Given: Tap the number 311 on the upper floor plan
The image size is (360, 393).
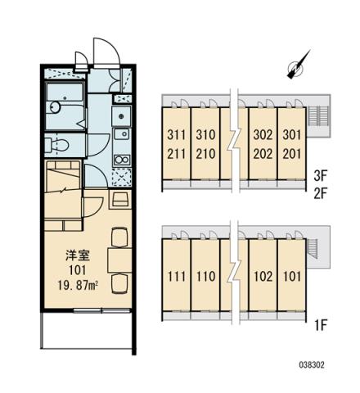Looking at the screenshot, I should point(177,135).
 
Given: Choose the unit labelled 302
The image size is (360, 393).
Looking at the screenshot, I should point(263,135).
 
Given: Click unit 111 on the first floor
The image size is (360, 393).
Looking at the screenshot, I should point(177,276).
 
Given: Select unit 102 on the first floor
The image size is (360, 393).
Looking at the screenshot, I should point(263,276).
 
